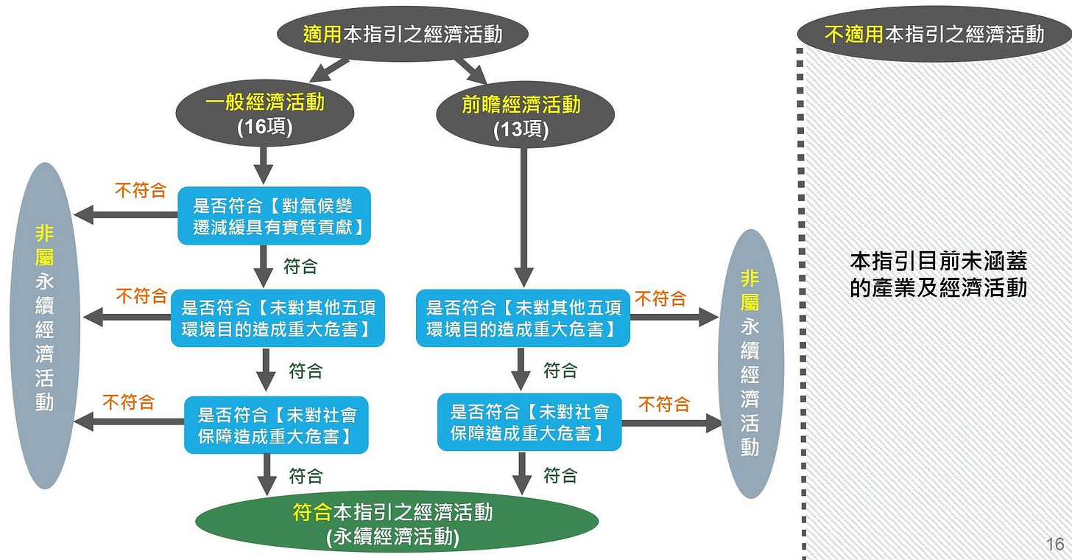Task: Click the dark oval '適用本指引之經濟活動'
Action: [403, 35]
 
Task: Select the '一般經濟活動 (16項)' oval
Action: [265, 114]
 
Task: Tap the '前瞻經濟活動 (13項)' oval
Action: [521, 116]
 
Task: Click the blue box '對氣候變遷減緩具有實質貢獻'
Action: [274, 216]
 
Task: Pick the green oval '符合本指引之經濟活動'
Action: [396, 522]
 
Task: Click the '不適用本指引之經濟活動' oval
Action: [934, 34]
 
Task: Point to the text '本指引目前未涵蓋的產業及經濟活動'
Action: [938, 273]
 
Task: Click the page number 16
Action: [1054, 545]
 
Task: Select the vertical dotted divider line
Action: [801, 309]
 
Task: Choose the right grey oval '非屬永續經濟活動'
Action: [750, 363]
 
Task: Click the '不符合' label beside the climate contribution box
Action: [141, 191]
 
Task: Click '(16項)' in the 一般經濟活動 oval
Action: [265, 127]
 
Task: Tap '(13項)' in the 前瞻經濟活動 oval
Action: [521, 129]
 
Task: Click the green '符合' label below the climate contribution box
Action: [300, 265]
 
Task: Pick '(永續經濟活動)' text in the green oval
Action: [392, 537]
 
